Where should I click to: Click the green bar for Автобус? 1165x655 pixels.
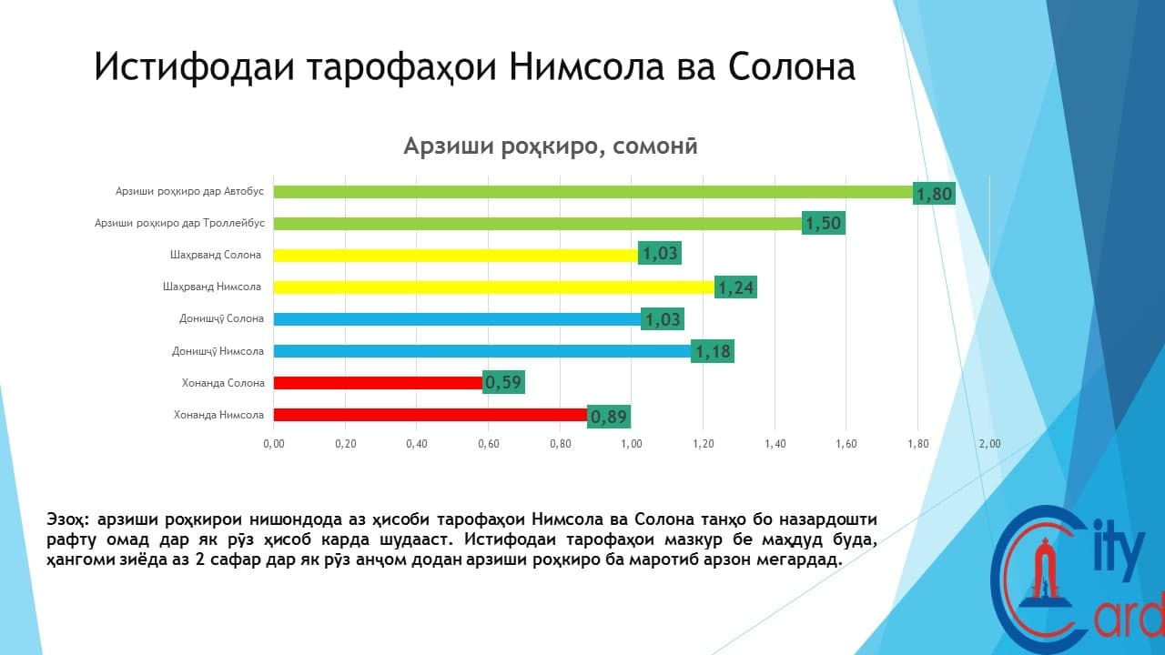[593, 192]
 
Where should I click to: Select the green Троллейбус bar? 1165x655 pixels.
[537, 224]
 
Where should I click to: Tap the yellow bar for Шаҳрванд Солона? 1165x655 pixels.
[456, 256]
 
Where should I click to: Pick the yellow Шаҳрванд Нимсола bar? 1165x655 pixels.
[493, 287]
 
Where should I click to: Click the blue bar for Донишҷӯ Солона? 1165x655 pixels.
[457, 319]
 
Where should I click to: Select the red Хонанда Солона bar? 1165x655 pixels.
[378, 383]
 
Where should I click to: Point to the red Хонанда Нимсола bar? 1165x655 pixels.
[431, 415]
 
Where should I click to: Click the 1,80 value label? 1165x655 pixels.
[934, 194]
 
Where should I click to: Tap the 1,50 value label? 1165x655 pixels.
[824, 223]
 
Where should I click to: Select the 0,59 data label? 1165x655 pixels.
[503, 382]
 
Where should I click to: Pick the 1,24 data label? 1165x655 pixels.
[735, 287]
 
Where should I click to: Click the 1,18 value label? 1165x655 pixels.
[713, 351]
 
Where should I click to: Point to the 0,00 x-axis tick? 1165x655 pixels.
[274, 444]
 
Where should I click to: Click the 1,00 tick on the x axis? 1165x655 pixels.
[632, 444]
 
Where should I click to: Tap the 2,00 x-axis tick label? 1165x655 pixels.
[989, 444]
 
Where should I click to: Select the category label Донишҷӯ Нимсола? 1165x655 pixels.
[218, 352]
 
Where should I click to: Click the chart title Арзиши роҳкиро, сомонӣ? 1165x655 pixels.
[551, 146]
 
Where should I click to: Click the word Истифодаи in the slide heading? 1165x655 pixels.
[195, 67]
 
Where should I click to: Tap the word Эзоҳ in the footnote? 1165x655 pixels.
[68, 519]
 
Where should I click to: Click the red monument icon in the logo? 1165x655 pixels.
[1042, 577]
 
